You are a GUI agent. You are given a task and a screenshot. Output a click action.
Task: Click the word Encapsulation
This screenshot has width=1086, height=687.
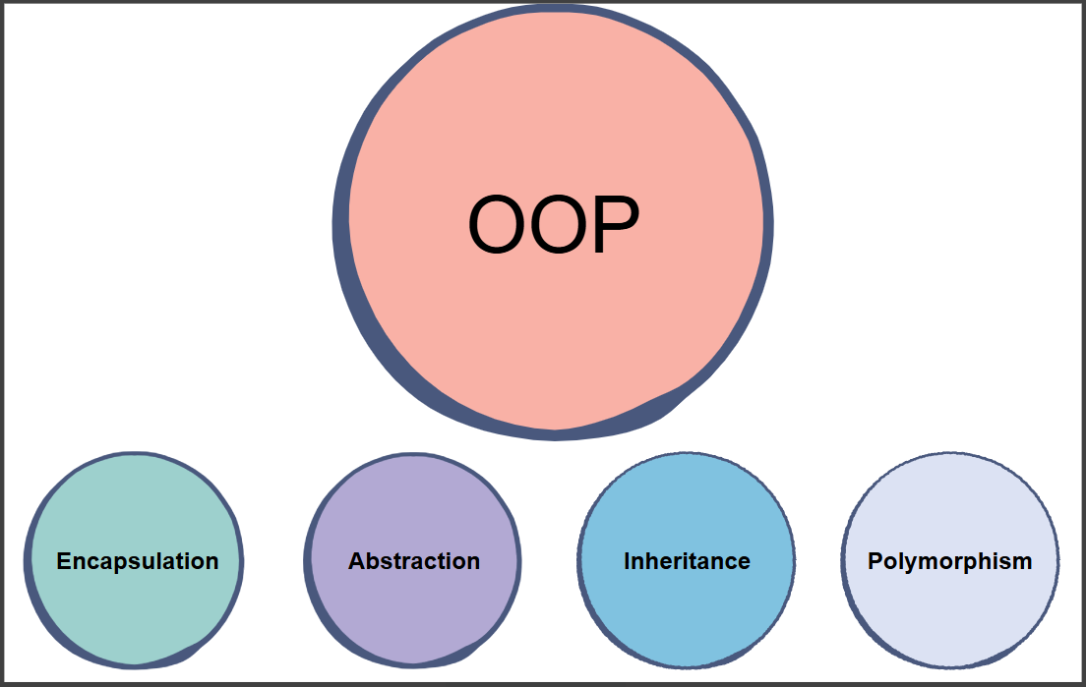[137, 561]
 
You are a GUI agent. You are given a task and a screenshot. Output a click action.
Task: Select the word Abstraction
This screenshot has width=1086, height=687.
[413, 561]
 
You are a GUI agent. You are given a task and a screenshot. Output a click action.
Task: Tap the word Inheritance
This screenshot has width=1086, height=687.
[687, 561]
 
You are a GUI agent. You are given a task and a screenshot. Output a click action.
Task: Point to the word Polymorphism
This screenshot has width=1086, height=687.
[949, 561]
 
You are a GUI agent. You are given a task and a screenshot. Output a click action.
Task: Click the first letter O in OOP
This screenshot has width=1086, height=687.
[498, 224]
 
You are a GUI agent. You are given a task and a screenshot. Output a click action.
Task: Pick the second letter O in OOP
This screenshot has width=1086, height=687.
[559, 224]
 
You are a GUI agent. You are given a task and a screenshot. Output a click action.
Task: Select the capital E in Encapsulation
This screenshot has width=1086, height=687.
[64, 561]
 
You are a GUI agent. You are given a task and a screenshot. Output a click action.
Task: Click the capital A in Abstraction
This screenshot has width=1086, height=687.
[357, 561]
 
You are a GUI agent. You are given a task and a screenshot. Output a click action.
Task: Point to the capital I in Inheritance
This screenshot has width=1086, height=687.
[627, 561]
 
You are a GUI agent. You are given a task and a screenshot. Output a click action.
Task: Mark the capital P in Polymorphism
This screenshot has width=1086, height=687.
[876, 561]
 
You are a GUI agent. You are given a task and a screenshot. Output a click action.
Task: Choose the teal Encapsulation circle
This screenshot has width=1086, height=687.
[134, 560]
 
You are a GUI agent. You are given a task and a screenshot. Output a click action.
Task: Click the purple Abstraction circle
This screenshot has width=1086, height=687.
[412, 560]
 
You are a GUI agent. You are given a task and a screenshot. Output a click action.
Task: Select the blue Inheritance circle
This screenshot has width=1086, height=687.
[687, 560]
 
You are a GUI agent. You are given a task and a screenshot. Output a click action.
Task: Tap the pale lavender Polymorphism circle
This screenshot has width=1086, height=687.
[950, 560]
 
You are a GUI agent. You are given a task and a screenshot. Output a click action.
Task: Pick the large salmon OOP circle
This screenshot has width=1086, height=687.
[554, 221]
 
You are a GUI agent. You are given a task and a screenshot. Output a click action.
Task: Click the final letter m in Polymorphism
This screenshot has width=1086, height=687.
[1022, 564]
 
